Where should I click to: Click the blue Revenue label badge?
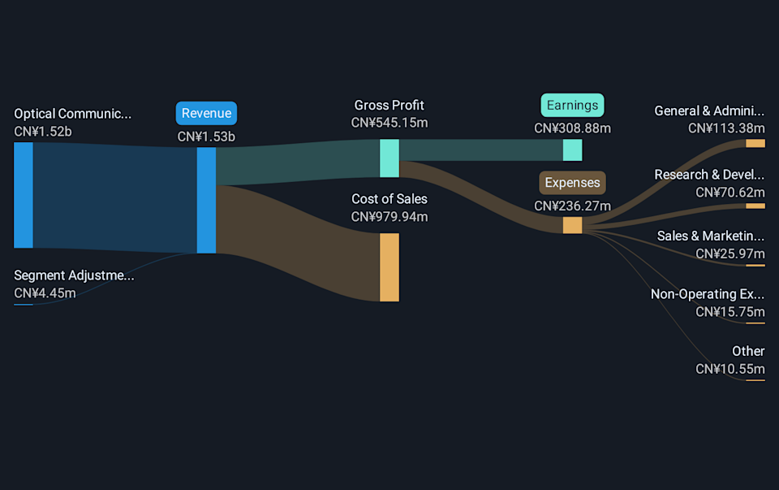click(206, 113)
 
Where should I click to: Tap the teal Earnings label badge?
click(572, 105)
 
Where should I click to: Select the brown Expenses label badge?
click(572, 182)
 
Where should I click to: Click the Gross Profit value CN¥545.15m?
click(389, 123)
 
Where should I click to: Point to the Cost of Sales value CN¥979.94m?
click(389, 217)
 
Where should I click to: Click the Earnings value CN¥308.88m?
click(572, 128)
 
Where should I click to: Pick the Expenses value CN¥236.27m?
click(572, 206)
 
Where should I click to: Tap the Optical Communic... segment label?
click(72, 114)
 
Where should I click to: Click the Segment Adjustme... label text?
click(74, 275)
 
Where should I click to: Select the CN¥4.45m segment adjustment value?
click(45, 293)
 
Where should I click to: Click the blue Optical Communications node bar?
click(24, 195)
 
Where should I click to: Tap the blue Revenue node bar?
click(206, 200)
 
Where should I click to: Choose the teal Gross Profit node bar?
click(389, 158)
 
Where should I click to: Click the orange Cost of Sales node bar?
click(389, 267)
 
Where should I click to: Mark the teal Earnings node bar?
click(572, 150)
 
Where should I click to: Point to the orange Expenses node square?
click(572, 225)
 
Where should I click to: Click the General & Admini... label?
click(709, 111)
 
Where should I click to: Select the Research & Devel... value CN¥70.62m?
click(730, 192)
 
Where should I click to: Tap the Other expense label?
click(747, 351)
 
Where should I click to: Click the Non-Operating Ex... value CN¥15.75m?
click(730, 311)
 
